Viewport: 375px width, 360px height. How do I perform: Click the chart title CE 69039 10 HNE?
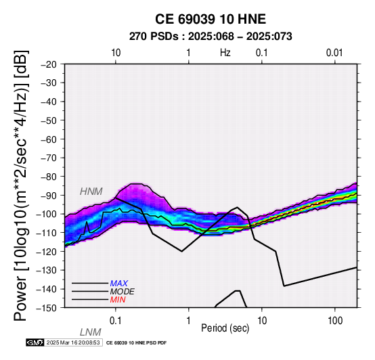(x=211, y=19)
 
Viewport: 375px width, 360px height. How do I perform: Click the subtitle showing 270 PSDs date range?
(x=211, y=37)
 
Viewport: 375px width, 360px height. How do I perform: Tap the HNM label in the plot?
(x=91, y=192)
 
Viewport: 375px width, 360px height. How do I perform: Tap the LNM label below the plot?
(x=91, y=332)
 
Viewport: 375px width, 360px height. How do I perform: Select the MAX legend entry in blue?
(x=119, y=284)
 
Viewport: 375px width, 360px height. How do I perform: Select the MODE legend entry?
(x=123, y=292)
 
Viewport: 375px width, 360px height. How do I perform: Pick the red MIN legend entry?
(x=118, y=300)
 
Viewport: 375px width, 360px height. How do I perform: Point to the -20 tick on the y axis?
(x=49, y=64)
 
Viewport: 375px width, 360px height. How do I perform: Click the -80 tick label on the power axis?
(x=49, y=177)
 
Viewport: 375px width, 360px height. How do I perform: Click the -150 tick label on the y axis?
(x=47, y=308)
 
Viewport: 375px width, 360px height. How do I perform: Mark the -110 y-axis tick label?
(x=47, y=233)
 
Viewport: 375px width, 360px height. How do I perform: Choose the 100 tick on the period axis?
(x=335, y=321)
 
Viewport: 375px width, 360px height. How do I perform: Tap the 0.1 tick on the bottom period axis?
(x=116, y=321)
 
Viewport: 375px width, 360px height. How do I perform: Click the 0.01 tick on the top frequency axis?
(x=334, y=53)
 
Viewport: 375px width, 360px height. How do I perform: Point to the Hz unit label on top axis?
(x=225, y=53)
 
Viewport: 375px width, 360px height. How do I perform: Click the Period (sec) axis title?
(x=225, y=328)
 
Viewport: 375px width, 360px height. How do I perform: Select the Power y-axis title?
(x=21, y=185)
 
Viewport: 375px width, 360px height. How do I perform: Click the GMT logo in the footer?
(x=35, y=342)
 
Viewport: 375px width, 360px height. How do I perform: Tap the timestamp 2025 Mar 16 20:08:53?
(x=73, y=342)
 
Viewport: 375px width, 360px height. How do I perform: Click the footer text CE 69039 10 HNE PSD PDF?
(x=136, y=343)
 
